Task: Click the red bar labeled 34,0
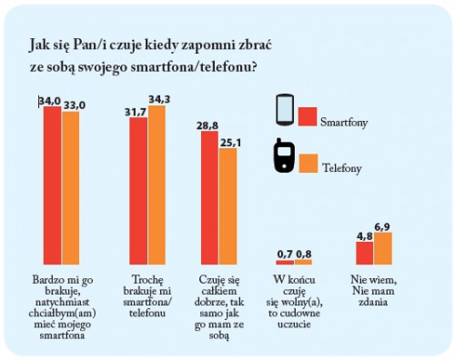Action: pos(52,185)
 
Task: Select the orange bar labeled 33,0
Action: pos(71,188)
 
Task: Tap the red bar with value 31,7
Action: pos(138,191)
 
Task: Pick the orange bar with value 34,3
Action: pos(157,185)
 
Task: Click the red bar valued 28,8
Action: pos(209,197)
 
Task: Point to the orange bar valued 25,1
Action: pos(228,206)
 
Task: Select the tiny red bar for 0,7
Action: pos(285,263)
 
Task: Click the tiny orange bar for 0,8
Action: pos(303,262)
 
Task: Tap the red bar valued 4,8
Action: pos(365,253)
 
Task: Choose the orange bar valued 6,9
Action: pos(383,248)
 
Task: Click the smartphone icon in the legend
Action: pos(285,110)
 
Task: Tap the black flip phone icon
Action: pos(284,155)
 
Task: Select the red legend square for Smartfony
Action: pos(308,116)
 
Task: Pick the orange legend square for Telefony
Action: pos(308,164)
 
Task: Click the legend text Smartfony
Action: pos(344,122)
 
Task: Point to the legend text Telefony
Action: pos(342,168)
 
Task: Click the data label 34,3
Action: pos(159,99)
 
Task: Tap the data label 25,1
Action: pos(231,143)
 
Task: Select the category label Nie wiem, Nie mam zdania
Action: pos(373,291)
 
